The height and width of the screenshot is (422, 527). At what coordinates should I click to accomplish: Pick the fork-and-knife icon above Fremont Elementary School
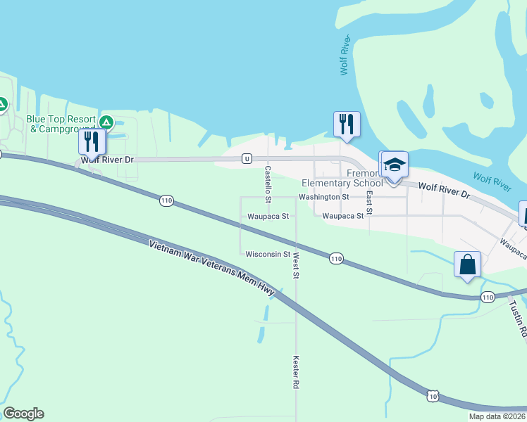347,124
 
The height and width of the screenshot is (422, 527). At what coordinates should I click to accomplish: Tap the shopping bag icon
468,265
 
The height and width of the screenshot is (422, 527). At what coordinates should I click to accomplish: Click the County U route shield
247,159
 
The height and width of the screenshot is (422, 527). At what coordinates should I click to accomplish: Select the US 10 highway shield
432,397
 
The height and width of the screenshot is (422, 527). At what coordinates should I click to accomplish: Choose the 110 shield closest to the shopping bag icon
488,298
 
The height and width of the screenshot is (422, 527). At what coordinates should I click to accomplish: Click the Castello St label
268,180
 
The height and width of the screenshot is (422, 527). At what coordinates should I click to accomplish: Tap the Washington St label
323,198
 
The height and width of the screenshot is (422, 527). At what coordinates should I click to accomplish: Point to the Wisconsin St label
268,254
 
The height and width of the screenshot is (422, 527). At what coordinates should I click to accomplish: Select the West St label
297,265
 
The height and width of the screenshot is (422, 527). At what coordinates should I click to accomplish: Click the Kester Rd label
297,372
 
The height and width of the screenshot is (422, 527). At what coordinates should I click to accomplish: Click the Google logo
23,414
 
